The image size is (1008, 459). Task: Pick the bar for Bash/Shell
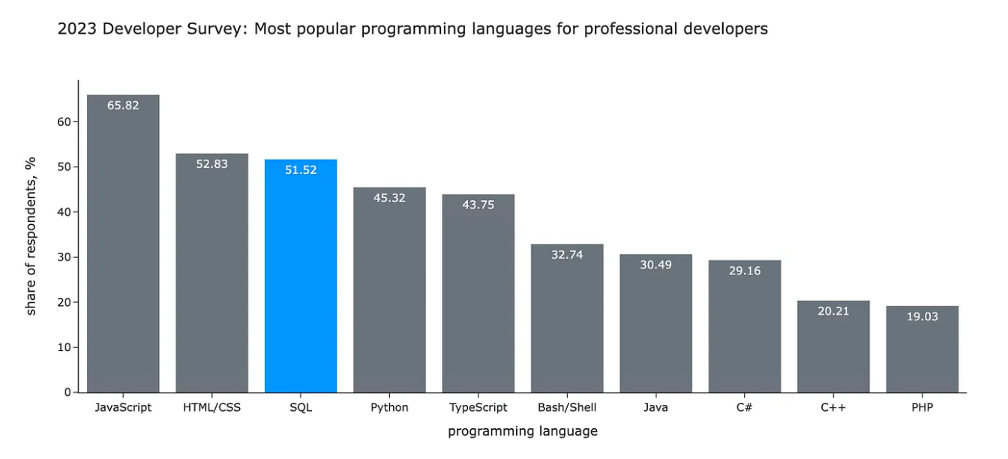567,318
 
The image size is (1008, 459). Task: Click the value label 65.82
123,105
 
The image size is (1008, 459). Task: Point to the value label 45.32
389,198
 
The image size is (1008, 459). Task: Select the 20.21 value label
833,310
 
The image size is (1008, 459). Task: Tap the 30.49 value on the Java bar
655,265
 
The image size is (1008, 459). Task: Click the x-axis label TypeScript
478,407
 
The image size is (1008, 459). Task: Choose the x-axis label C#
745,407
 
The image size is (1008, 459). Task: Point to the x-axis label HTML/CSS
211,407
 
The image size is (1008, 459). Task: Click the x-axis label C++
833,407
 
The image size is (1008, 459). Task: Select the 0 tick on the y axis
67,392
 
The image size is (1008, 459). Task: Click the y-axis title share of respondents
31,236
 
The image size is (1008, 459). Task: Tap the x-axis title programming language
523,431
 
